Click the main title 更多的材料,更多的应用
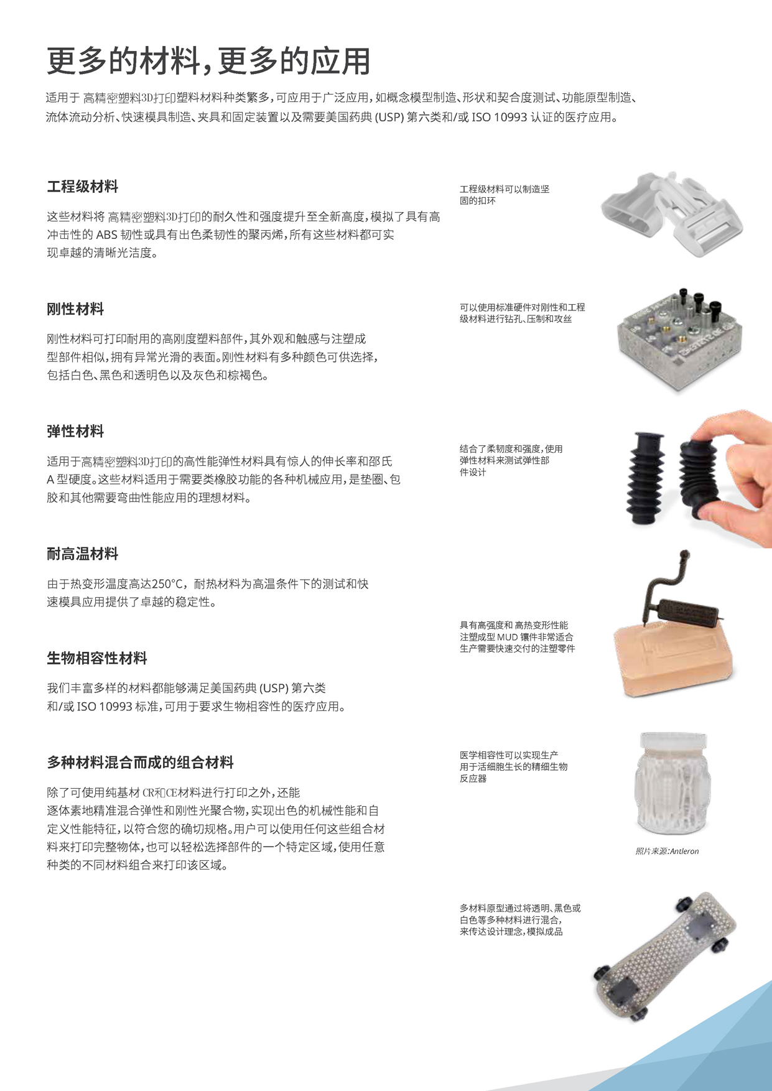pyautogui.click(x=208, y=61)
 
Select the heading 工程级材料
pyautogui.click(x=82, y=187)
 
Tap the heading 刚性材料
pyautogui.click(x=75, y=309)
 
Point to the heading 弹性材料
pyautogui.click(x=75, y=432)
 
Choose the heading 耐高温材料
pyautogui.click(x=82, y=554)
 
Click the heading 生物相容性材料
pyautogui.click(x=97, y=659)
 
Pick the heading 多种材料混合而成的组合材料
pyautogui.click(x=140, y=763)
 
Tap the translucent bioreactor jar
pyautogui.click(x=672, y=784)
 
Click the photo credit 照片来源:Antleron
pyautogui.click(x=667, y=852)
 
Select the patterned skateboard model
pyautogui.click(x=666, y=958)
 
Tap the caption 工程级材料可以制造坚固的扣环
pyautogui.click(x=504, y=195)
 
